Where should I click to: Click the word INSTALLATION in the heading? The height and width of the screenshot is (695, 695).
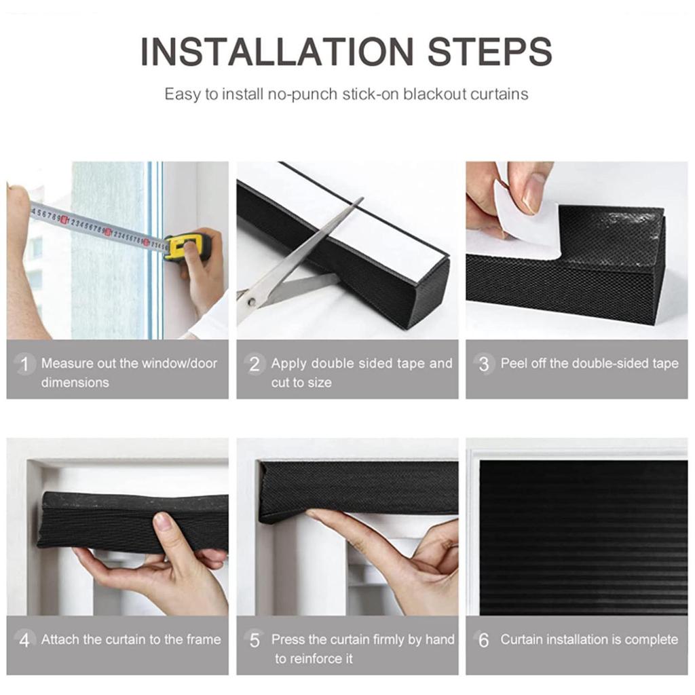point(277,52)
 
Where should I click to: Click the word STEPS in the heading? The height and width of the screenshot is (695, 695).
point(490,52)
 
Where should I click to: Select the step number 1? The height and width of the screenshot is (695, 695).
point(24,364)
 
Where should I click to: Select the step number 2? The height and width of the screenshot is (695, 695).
point(255,364)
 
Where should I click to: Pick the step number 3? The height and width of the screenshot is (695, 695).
point(483,364)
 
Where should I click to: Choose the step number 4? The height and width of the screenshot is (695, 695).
point(24,640)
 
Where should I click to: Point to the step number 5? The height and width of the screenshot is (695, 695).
point(255,640)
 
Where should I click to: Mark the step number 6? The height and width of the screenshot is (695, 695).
point(483,640)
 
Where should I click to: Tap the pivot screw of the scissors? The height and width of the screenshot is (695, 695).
point(251,302)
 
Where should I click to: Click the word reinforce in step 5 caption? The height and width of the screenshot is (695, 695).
point(314,658)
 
